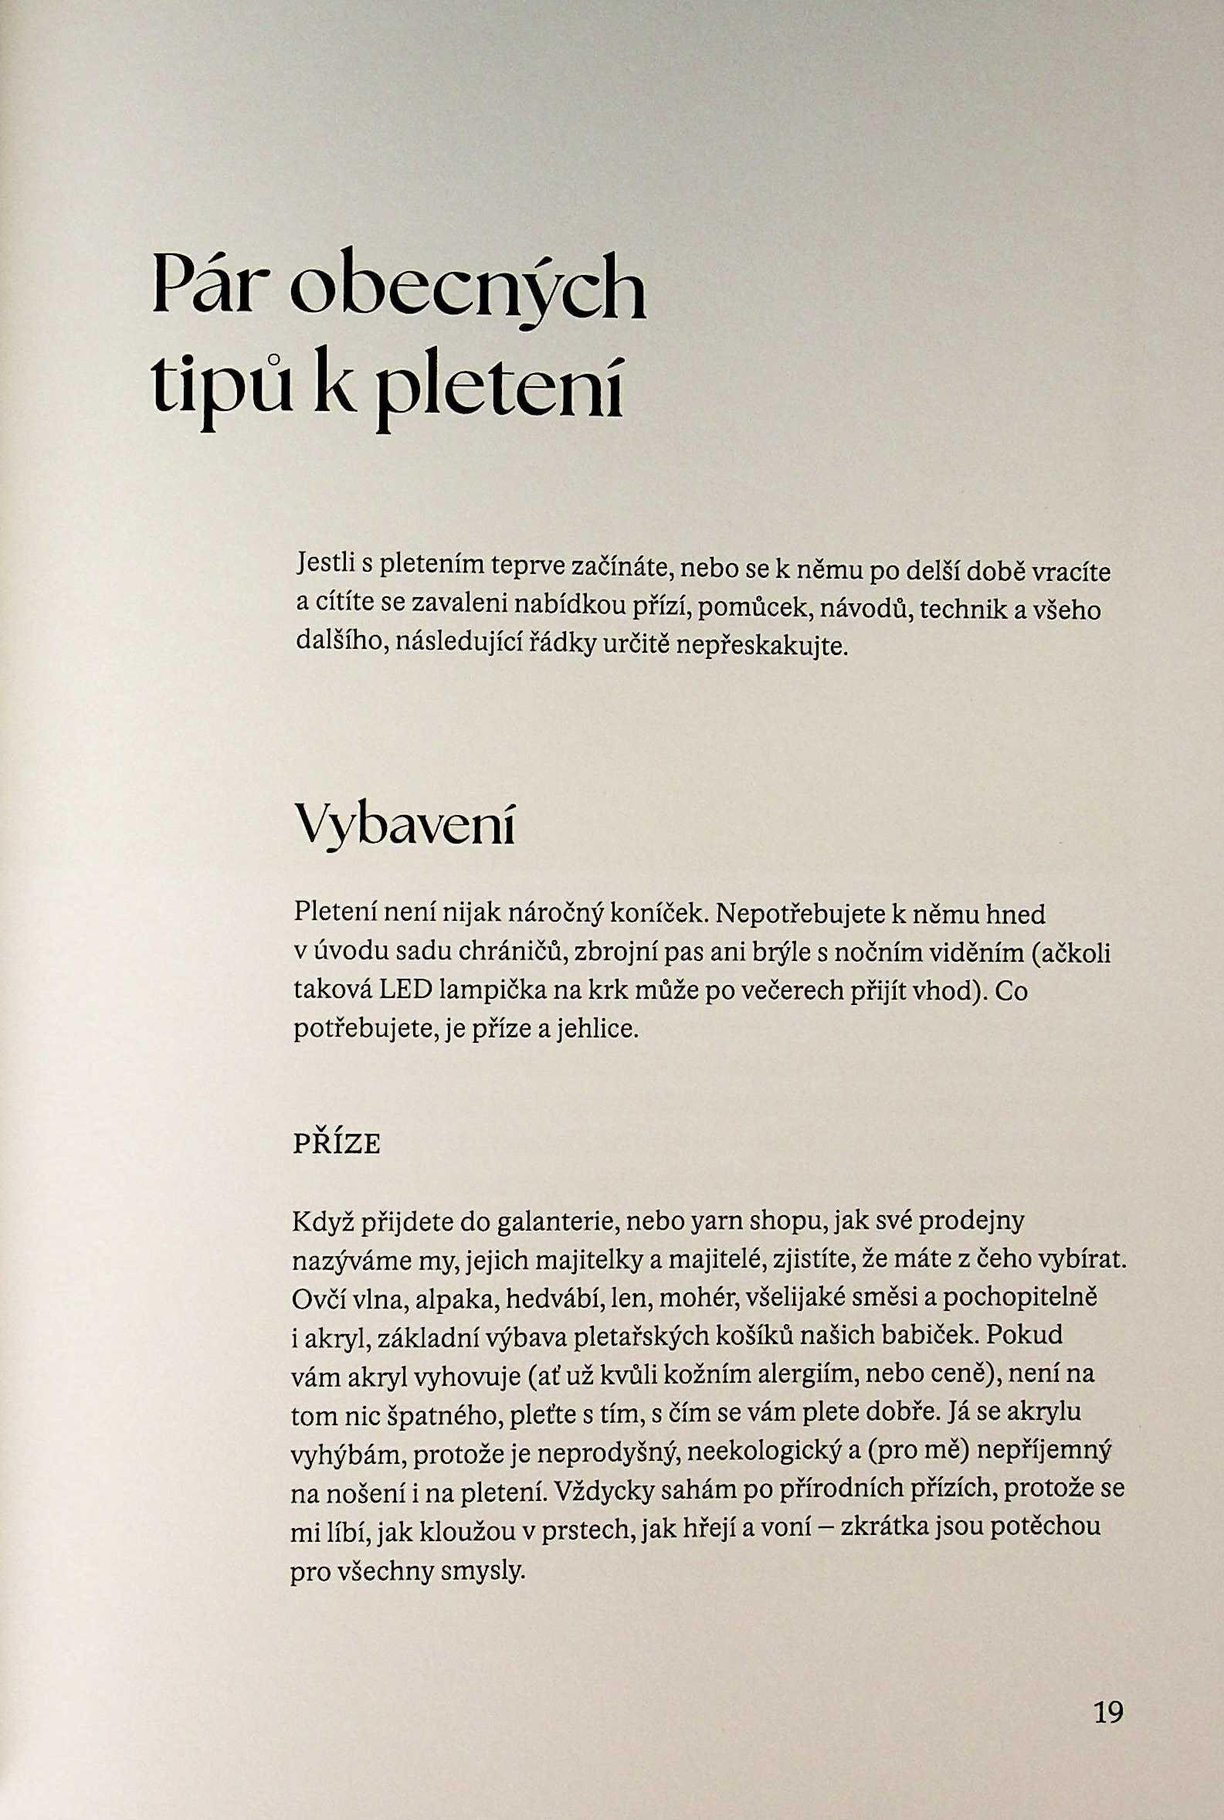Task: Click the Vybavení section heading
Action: pos(405,825)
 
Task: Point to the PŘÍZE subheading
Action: pos(337,1145)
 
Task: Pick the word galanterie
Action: pos(554,1221)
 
